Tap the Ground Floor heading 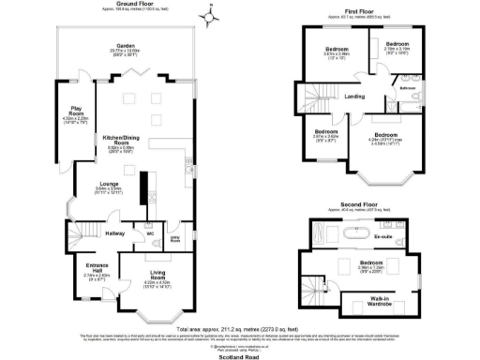click(134, 5)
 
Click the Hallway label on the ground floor click(114, 233)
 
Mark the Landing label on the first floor click(354, 97)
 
